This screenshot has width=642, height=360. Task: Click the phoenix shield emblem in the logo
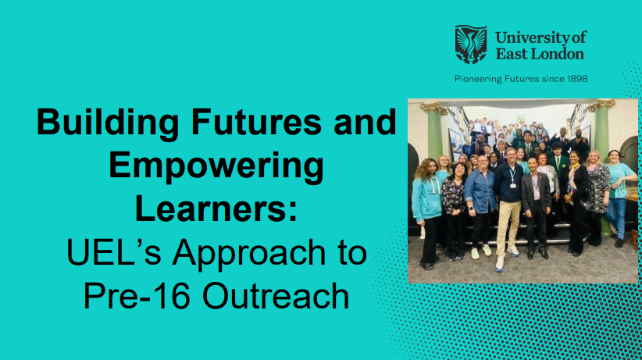[x=470, y=45]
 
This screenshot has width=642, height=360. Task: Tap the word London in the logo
[x=556, y=54]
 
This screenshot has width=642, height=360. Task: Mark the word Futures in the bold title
[x=254, y=124]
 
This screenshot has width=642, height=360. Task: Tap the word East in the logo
[x=511, y=54]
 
